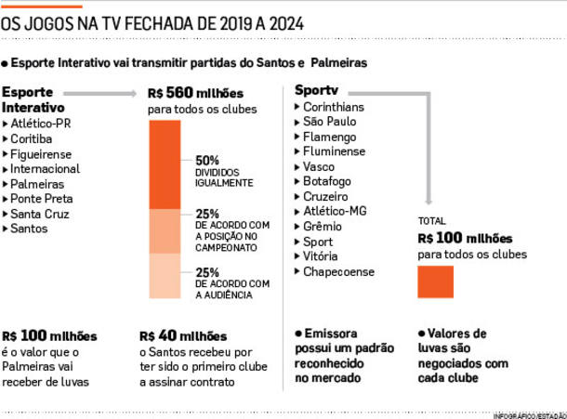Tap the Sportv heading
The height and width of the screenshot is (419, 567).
pyautogui.click(x=315, y=90)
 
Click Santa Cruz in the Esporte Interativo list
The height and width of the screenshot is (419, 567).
pyautogui.click(x=42, y=215)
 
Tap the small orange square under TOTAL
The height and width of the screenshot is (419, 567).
pyautogui.click(x=436, y=282)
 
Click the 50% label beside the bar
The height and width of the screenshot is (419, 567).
pyautogui.click(x=207, y=159)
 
